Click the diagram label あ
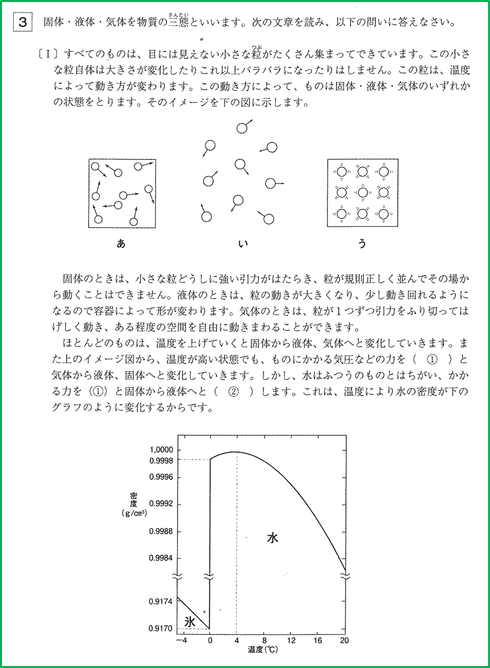click(121, 243)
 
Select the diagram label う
click(362, 243)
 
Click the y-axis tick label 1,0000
click(161, 449)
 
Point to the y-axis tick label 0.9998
click(161, 460)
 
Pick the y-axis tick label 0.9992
click(161, 504)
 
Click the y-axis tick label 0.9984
click(161, 558)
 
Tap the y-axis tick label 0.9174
click(161, 601)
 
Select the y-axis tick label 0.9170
click(161, 628)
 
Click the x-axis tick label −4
click(181, 641)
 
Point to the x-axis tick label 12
click(291, 641)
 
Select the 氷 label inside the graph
click(190, 621)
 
